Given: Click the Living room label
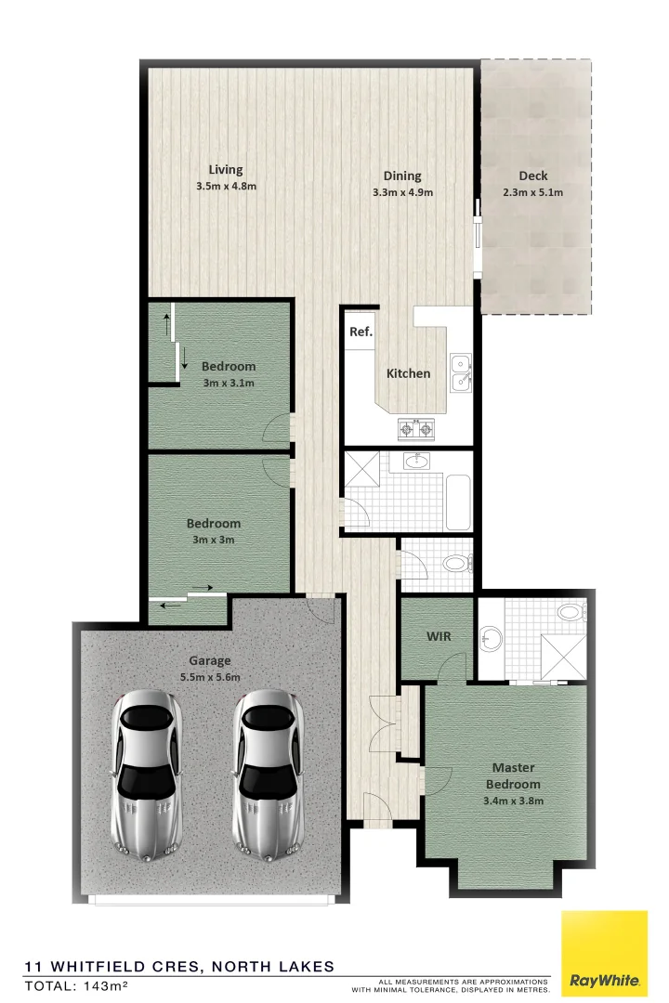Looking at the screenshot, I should [226, 170].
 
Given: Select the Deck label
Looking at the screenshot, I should [533, 176].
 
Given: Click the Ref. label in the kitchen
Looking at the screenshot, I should [360, 332].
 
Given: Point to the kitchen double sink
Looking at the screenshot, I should [459, 371].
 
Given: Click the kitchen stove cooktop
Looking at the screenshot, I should [416, 428].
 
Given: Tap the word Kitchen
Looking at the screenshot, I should [409, 373].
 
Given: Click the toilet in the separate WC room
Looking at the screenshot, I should [455, 563].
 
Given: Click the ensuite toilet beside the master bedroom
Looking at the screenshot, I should [568, 613].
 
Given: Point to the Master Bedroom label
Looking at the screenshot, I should [512, 776].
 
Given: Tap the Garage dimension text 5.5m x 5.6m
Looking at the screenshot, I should [210, 677].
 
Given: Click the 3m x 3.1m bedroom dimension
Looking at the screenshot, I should [228, 383].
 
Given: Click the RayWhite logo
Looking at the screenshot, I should [604, 954].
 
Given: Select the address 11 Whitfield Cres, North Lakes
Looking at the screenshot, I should [179, 966].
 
